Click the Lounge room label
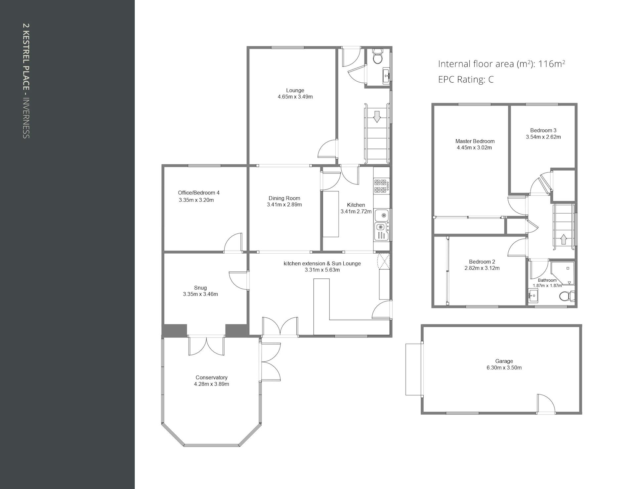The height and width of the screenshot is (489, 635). click(x=295, y=90)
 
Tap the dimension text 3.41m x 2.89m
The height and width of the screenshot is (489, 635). click(x=284, y=205)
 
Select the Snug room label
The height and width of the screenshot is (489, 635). click(x=200, y=288)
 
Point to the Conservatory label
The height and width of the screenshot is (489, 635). click(x=211, y=378)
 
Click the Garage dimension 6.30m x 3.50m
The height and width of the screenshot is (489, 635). click(x=504, y=368)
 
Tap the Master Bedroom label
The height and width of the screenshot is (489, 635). click(x=475, y=141)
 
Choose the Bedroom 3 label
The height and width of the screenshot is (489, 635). click(x=543, y=130)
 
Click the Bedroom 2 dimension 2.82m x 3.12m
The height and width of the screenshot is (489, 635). click(x=482, y=268)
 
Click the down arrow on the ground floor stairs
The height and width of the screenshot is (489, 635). click(x=377, y=117)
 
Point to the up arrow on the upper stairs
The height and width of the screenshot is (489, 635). click(x=564, y=239)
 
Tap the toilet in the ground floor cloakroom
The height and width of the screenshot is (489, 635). click(x=377, y=57)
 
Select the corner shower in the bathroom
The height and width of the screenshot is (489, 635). click(x=563, y=273)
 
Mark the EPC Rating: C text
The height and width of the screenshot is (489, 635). click(x=466, y=80)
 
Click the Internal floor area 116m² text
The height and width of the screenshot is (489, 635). click(x=501, y=64)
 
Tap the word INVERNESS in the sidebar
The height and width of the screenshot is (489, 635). click(x=26, y=118)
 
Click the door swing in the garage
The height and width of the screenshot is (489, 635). click(x=546, y=403)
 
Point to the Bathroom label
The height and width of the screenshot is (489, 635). click(x=547, y=280)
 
